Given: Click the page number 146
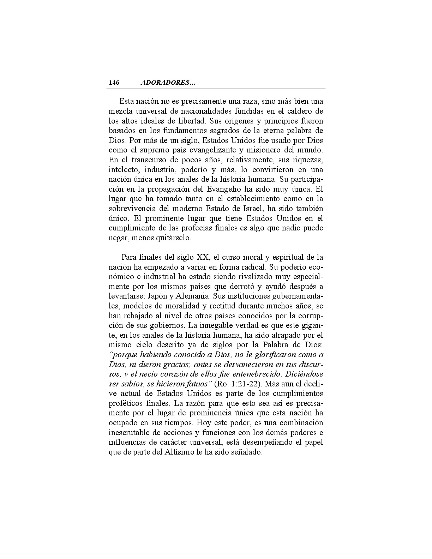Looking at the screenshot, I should click(114, 83).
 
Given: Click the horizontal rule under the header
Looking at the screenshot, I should click(217, 89).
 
